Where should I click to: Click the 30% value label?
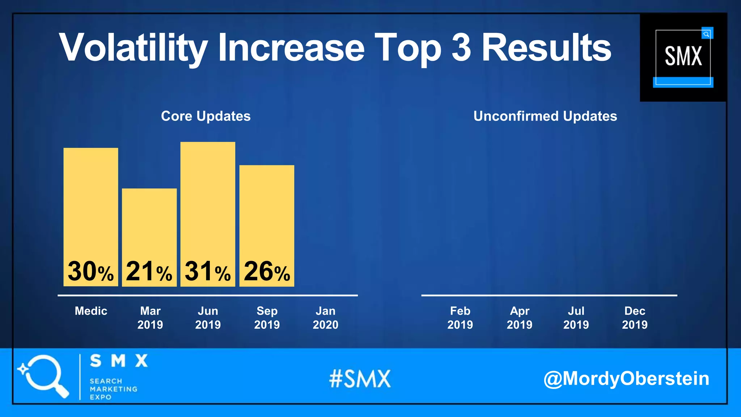pyautogui.click(x=90, y=271)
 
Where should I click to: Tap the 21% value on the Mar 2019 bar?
pyautogui.click(x=149, y=271)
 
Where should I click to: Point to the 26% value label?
pyautogui.click(x=267, y=271)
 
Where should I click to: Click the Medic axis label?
pyautogui.click(x=91, y=311)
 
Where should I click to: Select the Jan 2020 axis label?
pyautogui.click(x=325, y=318)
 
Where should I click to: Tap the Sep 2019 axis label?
pyautogui.click(x=267, y=318)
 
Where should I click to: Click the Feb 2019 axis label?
pyautogui.click(x=460, y=318)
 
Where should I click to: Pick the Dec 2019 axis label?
pyautogui.click(x=635, y=318)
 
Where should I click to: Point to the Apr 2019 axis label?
pyautogui.click(x=519, y=318)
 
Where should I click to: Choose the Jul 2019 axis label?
pyautogui.click(x=576, y=318)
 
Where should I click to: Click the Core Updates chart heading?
pyautogui.click(x=206, y=116)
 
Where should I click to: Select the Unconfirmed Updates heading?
pyautogui.click(x=545, y=116)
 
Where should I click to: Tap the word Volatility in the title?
pyautogui.click(x=133, y=48)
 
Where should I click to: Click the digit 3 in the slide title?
pyautogui.click(x=461, y=47)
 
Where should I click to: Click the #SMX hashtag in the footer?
pyautogui.click(x=360, y=379)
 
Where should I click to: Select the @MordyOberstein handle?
pyautogui.click(x=626, y=379)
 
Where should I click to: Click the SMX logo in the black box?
pyautogui.click(x=683, y=57)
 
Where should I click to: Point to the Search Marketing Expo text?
pyautogui.click(x=113, y=389)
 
